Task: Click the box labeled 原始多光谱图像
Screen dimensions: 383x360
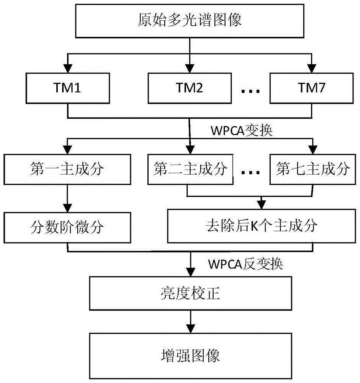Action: pos(189,21)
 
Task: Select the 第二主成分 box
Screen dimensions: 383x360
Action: pos(190,169)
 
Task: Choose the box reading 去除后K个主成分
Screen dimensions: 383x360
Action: pos(260,227)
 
